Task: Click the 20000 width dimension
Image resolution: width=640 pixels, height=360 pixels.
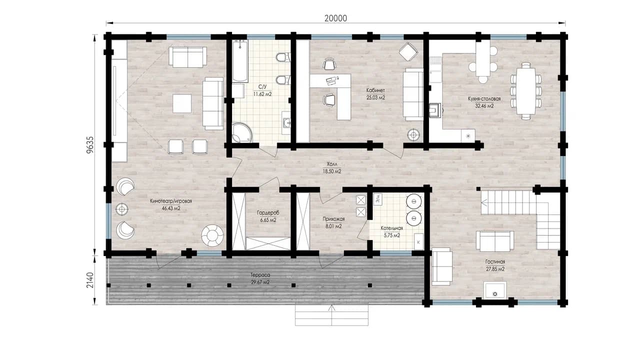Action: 335,18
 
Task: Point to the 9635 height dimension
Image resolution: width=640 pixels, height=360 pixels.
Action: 90,145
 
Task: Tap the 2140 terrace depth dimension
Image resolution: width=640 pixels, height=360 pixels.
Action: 90,280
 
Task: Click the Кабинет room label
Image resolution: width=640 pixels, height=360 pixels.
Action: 375,90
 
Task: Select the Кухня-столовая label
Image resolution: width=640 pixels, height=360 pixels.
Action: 484,99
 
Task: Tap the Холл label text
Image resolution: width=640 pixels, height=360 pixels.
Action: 332,164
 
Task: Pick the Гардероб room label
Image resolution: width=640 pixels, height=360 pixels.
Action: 268,213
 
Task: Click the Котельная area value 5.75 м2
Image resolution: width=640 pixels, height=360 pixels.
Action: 391,235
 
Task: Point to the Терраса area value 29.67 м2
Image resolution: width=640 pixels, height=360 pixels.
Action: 260,282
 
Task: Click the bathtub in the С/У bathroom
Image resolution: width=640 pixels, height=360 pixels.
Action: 240,61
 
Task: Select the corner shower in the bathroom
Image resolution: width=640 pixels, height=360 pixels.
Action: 242,132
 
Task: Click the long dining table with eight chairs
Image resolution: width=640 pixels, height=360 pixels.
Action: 525,91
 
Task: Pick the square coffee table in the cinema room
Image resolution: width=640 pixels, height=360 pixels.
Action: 182,103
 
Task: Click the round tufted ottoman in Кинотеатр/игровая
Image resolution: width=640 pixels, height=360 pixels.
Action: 212,235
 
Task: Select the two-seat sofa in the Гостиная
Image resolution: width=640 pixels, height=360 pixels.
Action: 495,241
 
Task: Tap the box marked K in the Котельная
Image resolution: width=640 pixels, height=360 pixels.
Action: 419,242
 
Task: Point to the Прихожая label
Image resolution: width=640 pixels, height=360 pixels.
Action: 333,219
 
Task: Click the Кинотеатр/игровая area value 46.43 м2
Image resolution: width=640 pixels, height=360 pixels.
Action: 171,208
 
